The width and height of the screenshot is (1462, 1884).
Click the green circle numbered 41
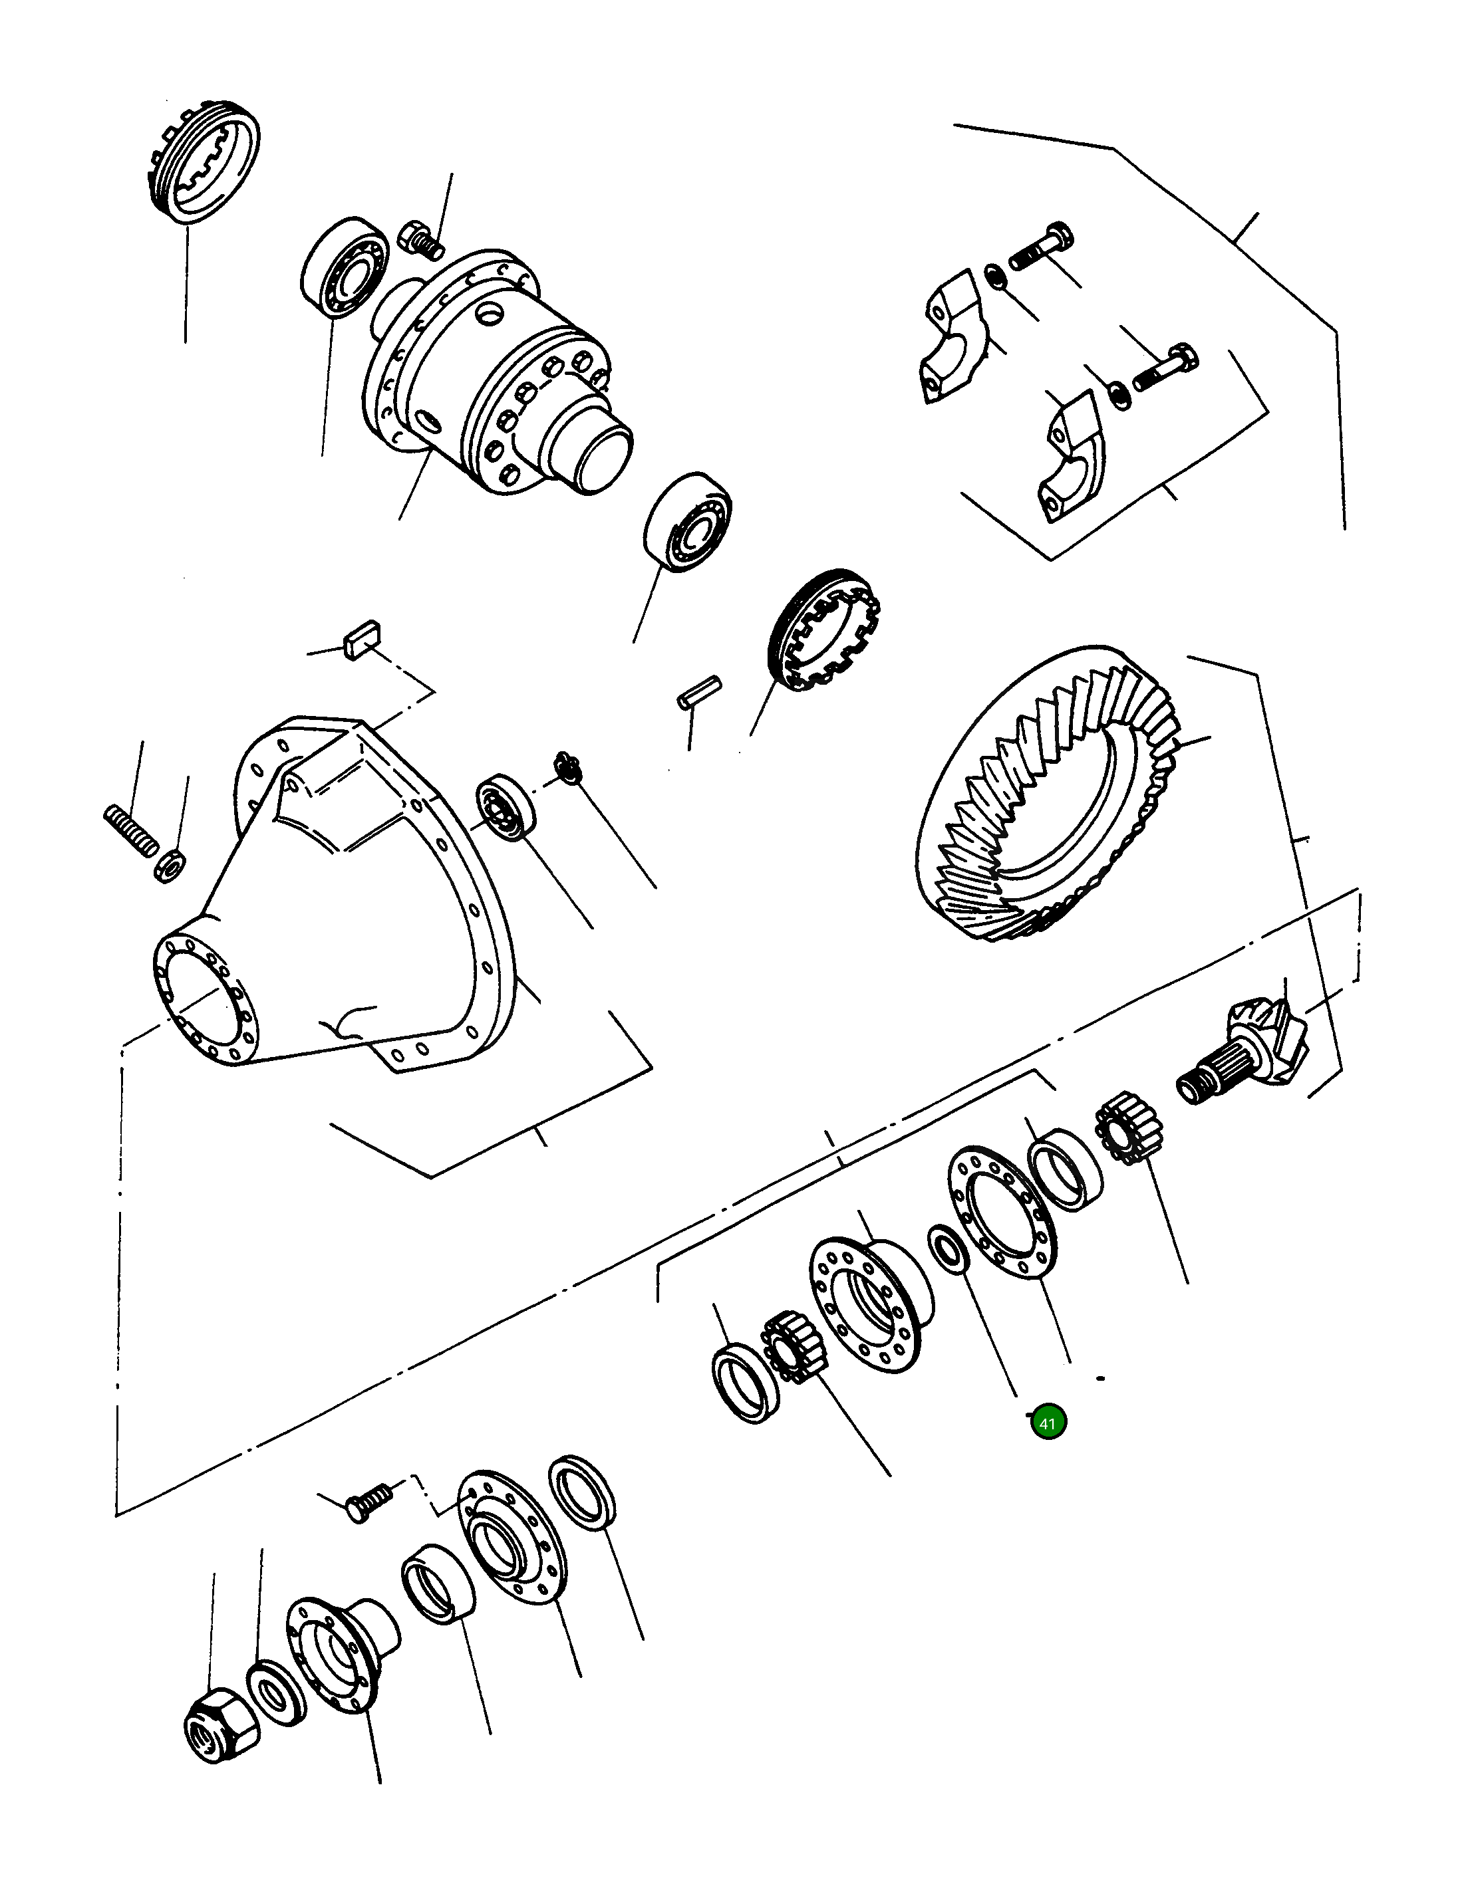[1048, 1423]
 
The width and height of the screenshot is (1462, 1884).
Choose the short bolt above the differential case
[422, 240]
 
